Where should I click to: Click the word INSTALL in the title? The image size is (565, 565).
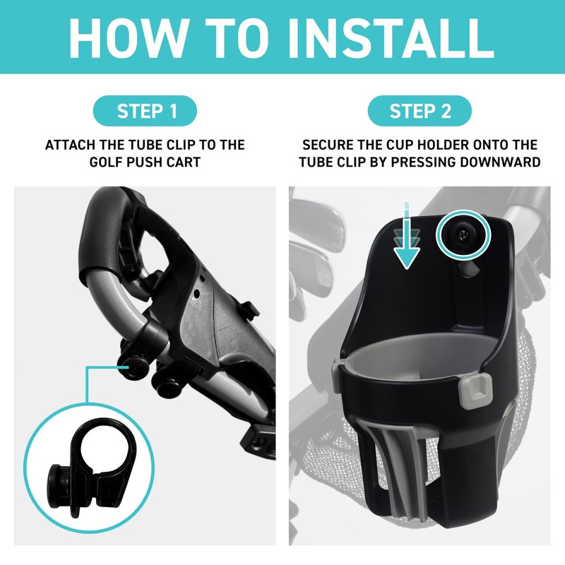pos(391,37)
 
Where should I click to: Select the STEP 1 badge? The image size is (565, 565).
pos(145,111)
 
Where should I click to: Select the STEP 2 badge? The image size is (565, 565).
pos(420,111)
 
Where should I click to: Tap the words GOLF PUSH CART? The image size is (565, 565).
pos(145,162)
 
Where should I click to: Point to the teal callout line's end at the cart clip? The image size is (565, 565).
pos(128,367)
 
